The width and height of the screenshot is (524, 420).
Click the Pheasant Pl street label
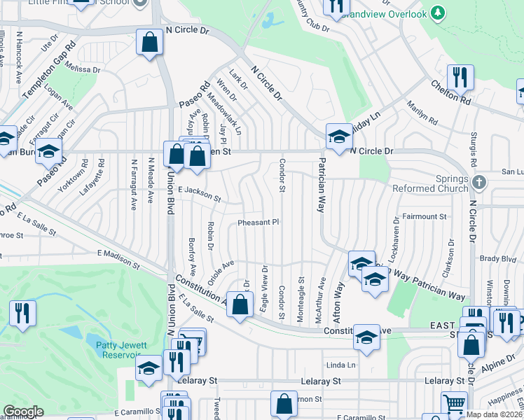[258, 222]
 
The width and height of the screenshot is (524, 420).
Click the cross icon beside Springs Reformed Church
[478, 183]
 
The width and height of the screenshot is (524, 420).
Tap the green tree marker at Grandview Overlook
[438, 13]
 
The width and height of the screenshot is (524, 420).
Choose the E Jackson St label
[199, 193]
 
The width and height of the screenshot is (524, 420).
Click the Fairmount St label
[425, 217]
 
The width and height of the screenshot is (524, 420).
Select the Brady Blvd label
[498, 258]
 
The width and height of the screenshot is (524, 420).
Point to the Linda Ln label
[342, 365]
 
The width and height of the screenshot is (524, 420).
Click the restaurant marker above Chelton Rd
[460, 77]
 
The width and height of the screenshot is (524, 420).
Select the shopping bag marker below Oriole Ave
[240, 305]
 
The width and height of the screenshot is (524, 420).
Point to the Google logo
[23, 412]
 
